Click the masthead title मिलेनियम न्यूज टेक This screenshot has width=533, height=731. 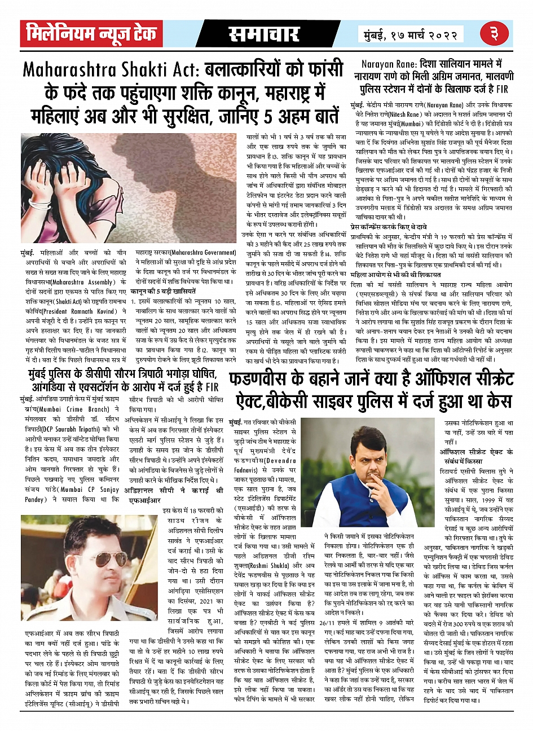(x=90, y=34)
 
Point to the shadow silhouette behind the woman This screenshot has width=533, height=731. (x=186, y=180)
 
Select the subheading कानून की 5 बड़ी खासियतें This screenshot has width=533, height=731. (x=164, y=292)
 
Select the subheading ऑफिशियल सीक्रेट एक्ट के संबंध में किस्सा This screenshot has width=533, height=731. (x=477, y=456)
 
